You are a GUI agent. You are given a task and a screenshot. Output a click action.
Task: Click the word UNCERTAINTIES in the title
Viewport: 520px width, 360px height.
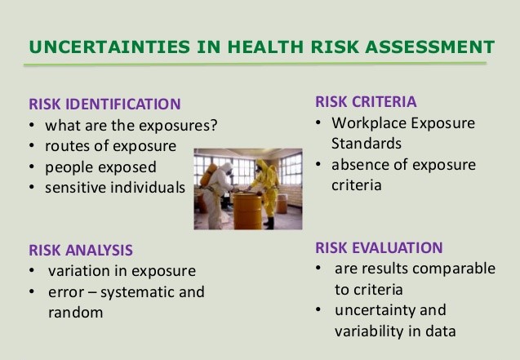[x=109, y=47]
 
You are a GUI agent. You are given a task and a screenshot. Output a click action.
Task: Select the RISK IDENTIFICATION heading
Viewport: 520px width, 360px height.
[x=104, y=104]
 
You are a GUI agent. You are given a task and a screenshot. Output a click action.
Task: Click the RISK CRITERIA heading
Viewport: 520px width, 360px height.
[x=366, y=102]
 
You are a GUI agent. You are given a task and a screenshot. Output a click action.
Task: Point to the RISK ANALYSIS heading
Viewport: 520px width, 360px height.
[x=81, y=251]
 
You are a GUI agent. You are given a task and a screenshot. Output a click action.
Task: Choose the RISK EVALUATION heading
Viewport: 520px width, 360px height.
[x=379, y=248]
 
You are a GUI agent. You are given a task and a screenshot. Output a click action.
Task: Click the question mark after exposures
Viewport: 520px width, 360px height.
[x=214, y=125]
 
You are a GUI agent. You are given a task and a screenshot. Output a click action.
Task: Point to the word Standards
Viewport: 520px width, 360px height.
[x=367, y=144]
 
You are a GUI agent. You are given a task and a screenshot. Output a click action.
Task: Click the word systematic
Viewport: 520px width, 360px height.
[x=138, y=292]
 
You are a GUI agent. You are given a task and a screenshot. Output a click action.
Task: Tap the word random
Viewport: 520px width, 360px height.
[x=76, y=313]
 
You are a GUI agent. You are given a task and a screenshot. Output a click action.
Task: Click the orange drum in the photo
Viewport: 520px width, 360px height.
[x=247, y=211]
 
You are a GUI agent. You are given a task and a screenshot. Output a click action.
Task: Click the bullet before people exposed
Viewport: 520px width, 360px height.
[x=32, y=167]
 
